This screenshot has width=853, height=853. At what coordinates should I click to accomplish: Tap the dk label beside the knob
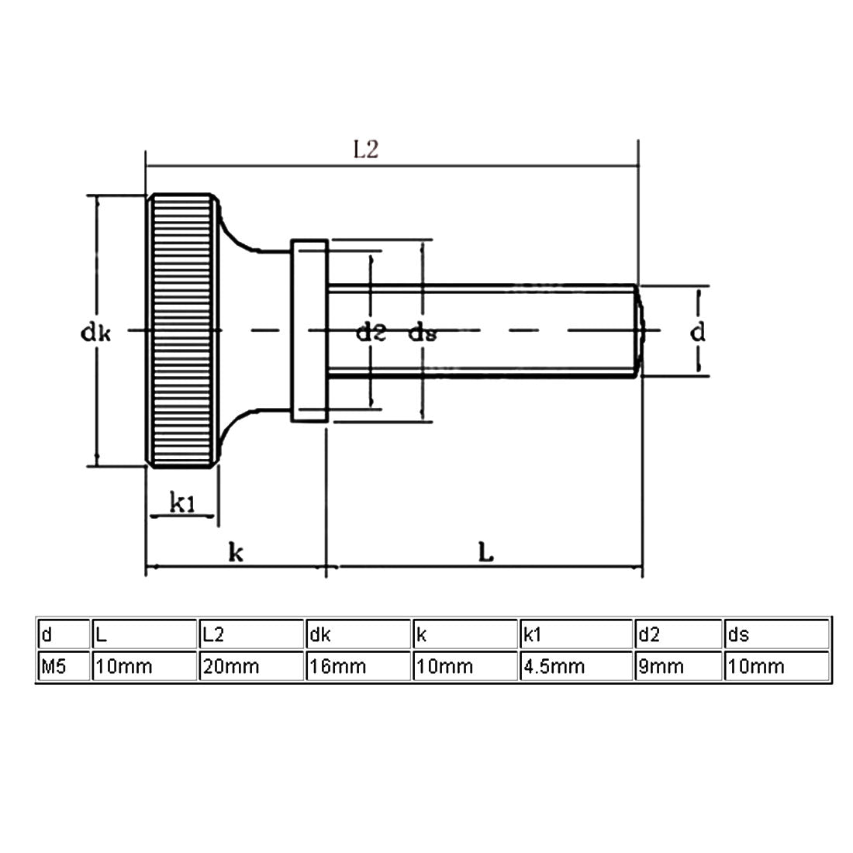tap(96, 333)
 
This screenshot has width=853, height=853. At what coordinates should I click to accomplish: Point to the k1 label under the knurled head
tap(182, 505)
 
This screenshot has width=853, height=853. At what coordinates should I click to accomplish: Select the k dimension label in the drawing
tap(237, 552)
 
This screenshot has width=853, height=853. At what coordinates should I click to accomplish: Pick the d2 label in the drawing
tap(371, 333)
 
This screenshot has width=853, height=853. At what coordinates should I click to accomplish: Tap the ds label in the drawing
tap(423, 333)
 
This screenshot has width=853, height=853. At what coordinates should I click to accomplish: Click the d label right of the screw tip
tap(698, 333)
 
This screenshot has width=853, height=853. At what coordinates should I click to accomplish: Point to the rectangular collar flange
tap(309, 331)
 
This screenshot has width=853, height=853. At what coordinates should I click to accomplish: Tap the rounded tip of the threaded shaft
tap(639, 331)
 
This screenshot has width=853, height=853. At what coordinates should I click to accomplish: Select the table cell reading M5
tap(63, 666)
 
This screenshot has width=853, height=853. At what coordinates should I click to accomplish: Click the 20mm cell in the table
tap(250, 666)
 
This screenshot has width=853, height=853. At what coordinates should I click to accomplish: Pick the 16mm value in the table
tap(357, 666)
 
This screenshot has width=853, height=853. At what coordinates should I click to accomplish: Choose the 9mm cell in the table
tap(678, 666)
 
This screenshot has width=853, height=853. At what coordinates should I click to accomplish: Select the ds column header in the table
tap(776, 635)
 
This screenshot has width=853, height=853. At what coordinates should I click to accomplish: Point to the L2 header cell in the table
tap(250, 635)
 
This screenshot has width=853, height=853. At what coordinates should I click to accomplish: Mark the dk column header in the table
tap(357, 635)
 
